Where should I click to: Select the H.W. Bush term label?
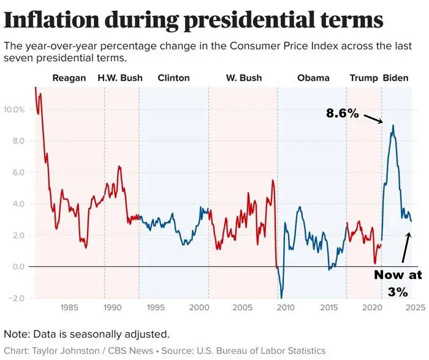pyautogui.click(x=120, y=78)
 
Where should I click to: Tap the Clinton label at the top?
pyautogui.click(x=173, y=78)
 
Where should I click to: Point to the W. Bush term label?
pyautogui.click(x=243, y=78)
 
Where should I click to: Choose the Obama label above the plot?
pyautogui.click(x=313, y=78)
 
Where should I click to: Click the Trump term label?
pyautogui.click(x=363, y=78)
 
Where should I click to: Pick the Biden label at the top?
pyautogui.click(x=396, y=78)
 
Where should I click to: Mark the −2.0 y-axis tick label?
pyautogui.click(x=16, y=298)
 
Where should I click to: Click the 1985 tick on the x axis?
pyautogui.click(x=69, y=307)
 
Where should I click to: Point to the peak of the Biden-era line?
pyautogui.click(x=393, y=126)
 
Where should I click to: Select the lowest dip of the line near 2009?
pyautogui.click(x=281, y=298)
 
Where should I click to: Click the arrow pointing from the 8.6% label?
pyautogui.click(x=373, y=118)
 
